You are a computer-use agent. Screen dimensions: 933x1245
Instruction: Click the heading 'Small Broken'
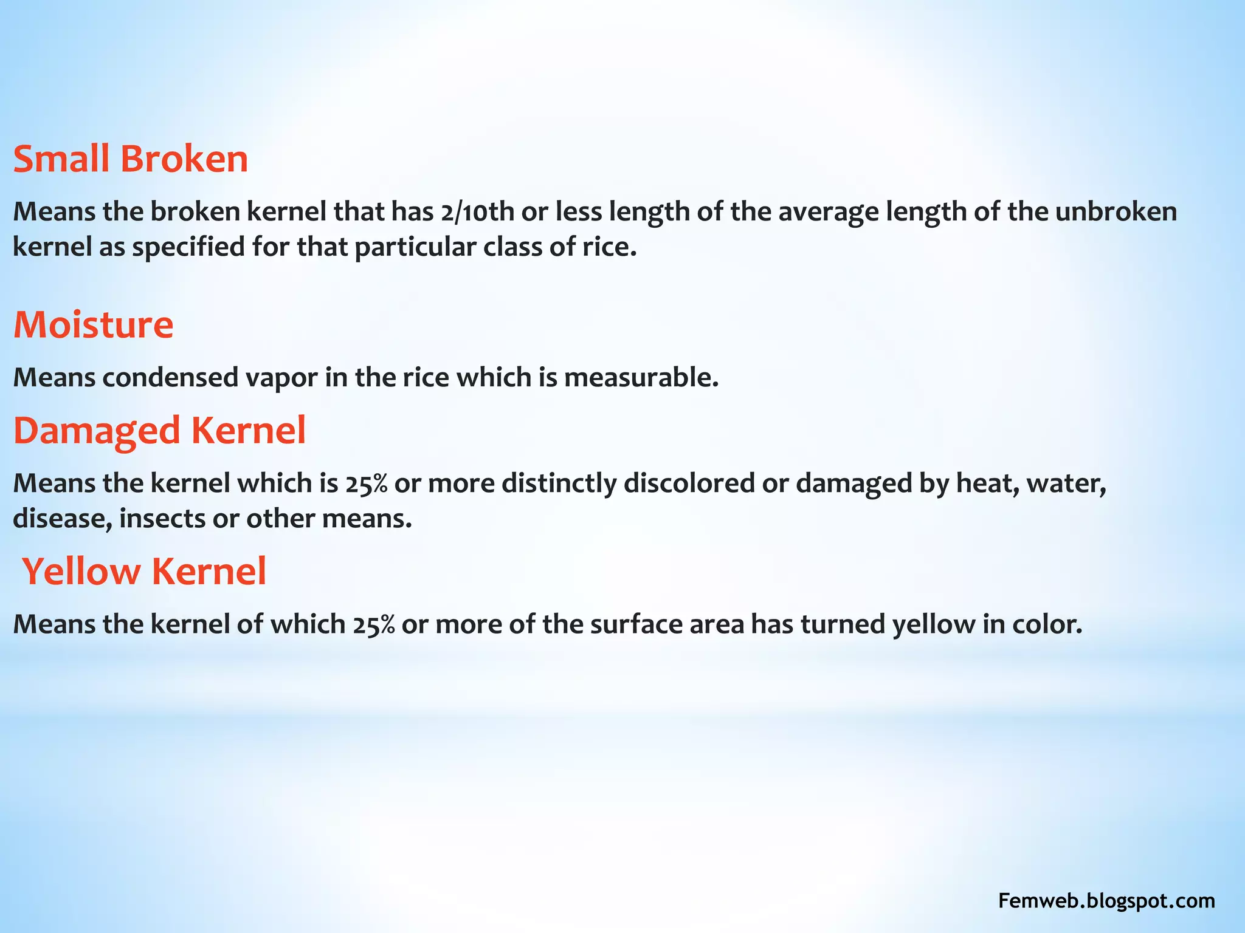[x=130, y=159]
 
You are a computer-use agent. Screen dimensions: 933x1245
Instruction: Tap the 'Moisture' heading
[x=93, y=324]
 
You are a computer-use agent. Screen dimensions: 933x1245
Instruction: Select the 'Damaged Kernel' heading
[x=159, y=431]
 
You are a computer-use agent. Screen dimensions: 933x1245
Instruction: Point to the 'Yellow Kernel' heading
[x=144, y=572]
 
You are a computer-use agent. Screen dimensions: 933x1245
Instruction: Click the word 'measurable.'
[x=641, y=378]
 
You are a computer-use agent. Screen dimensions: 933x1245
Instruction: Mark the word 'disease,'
[x=62, y=519]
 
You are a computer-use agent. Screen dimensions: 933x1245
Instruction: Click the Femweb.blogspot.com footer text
[x=1106, y=901]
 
